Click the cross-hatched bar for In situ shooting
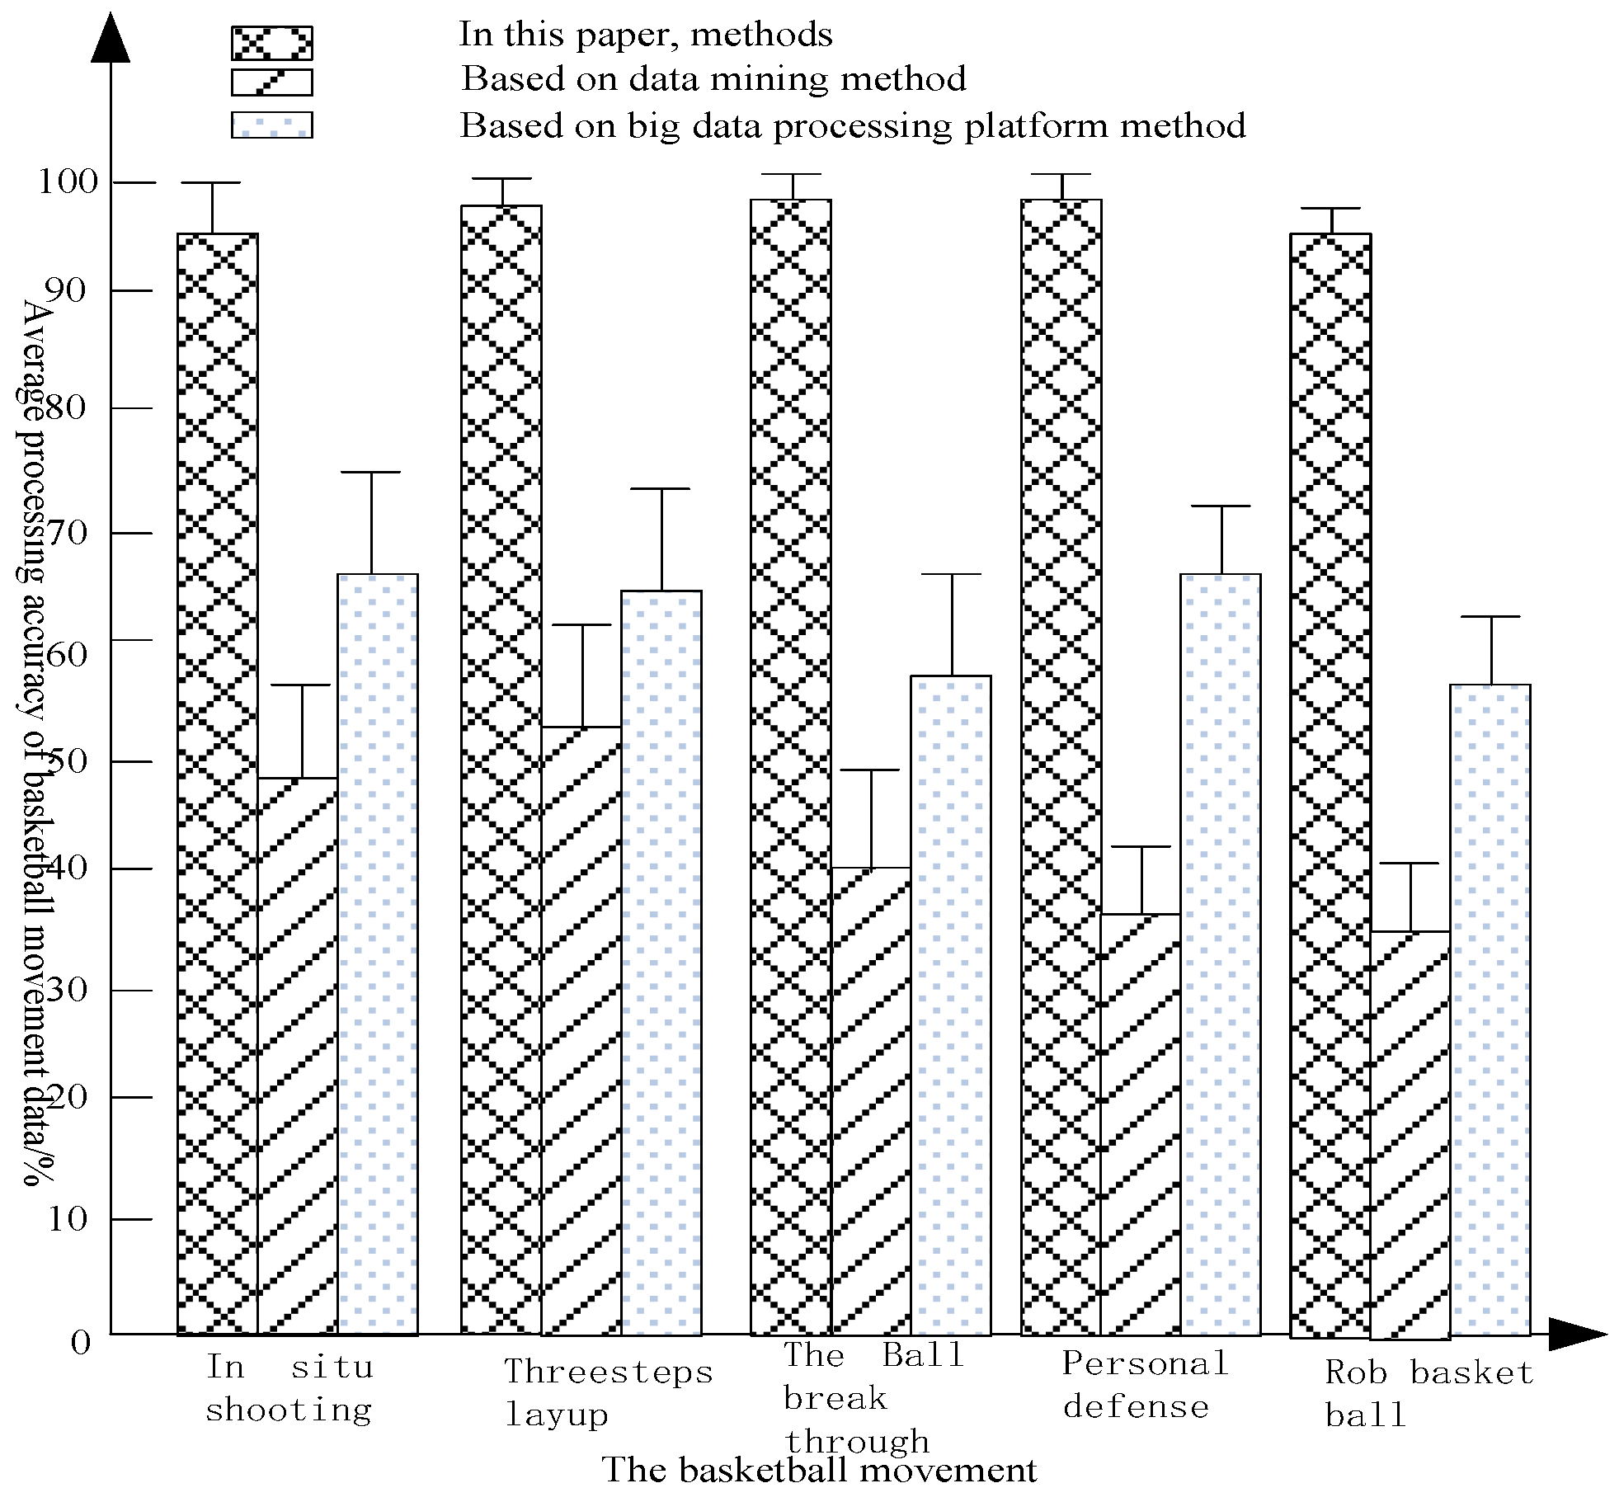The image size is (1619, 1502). (x=218, y=784)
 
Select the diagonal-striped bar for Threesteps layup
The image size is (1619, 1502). (x=581, y=1031)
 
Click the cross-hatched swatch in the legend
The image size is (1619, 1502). (x=271, y=43)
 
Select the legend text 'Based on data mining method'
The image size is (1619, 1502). (x=713, y=79)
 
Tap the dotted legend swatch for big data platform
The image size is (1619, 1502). (x=271, y=125)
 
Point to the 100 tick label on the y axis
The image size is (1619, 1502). (x=68, y=181)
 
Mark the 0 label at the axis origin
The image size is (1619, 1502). (x=80, y=1343)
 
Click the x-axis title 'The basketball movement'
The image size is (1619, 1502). (x=819, y=1470)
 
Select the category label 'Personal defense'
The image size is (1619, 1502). (x=1144, y=1385)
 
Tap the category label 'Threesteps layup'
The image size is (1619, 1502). (x=608, y=1392)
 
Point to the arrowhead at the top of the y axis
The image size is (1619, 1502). (x=111, y=37)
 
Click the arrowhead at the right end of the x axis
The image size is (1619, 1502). (x=1577, y=1334)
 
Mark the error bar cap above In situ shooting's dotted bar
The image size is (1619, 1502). (x=371, y=473)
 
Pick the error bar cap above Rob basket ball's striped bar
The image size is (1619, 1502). (x=1410, y=864)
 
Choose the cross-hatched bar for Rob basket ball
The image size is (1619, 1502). (x=1330, y=784)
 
